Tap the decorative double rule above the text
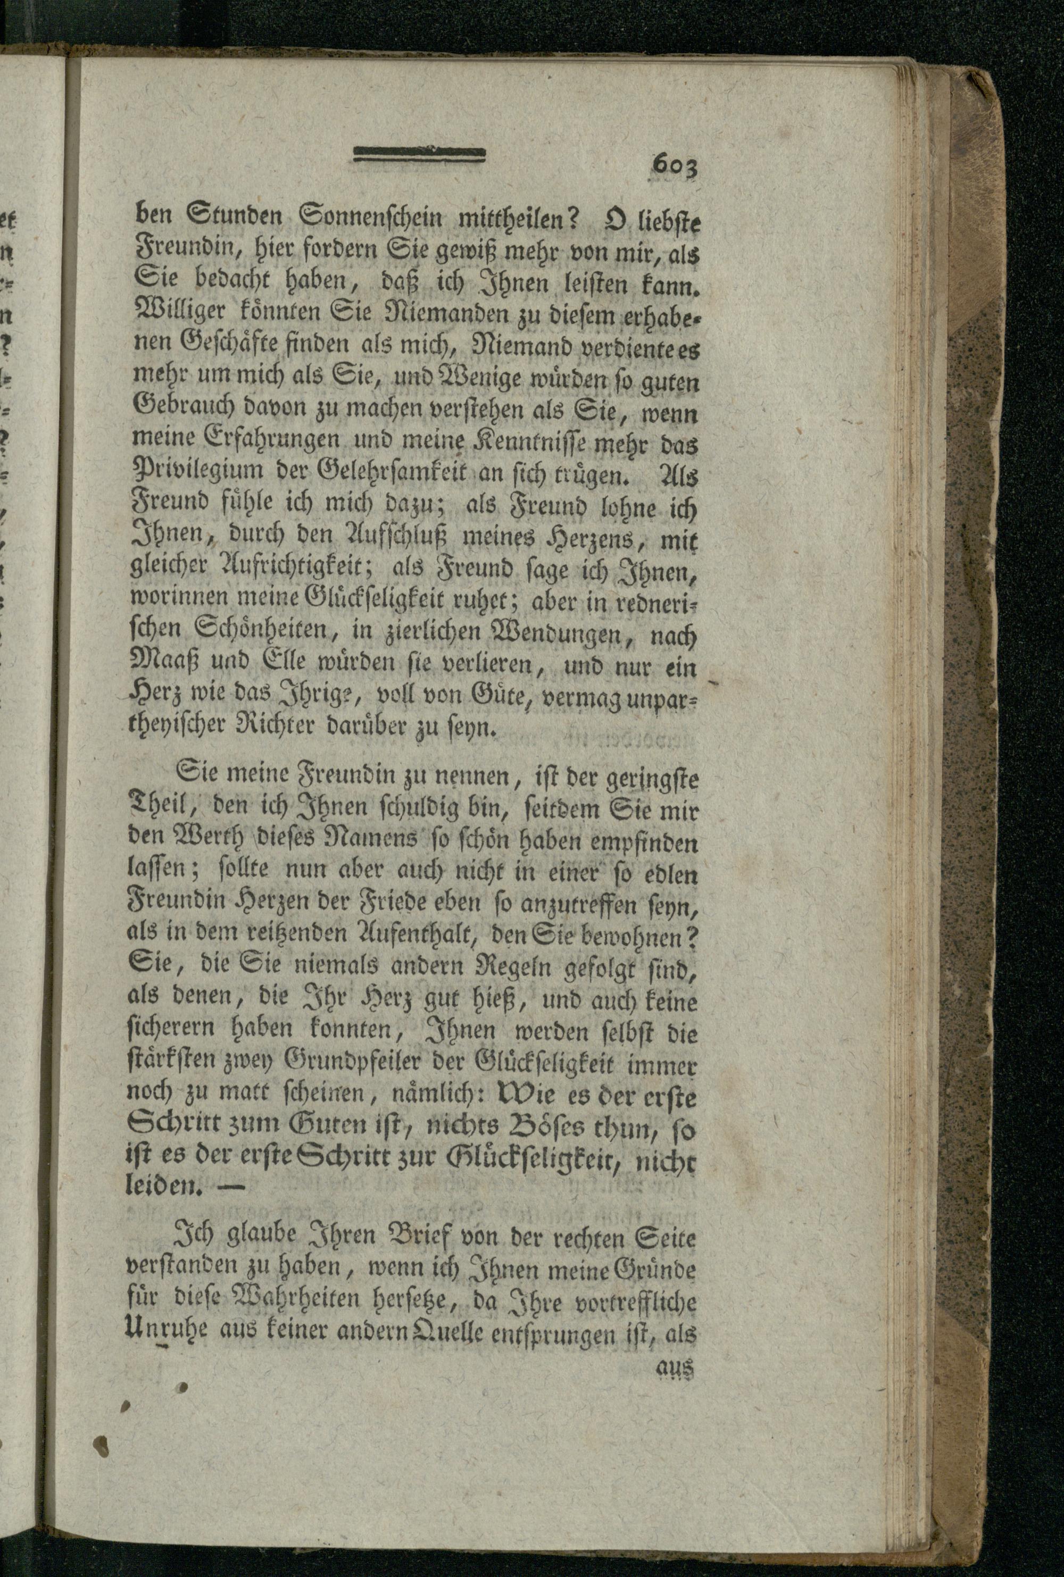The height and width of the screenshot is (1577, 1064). [420, 155]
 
